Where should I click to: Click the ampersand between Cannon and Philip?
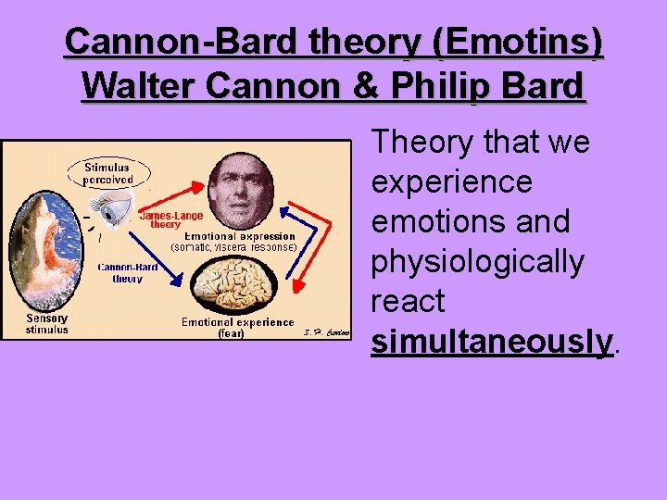357,86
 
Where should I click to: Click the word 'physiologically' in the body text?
477,262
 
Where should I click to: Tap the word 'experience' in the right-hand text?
451,182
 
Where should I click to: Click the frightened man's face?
235,191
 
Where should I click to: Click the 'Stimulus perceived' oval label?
108,173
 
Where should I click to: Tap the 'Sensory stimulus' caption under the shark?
46,323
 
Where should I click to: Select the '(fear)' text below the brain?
231,334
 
